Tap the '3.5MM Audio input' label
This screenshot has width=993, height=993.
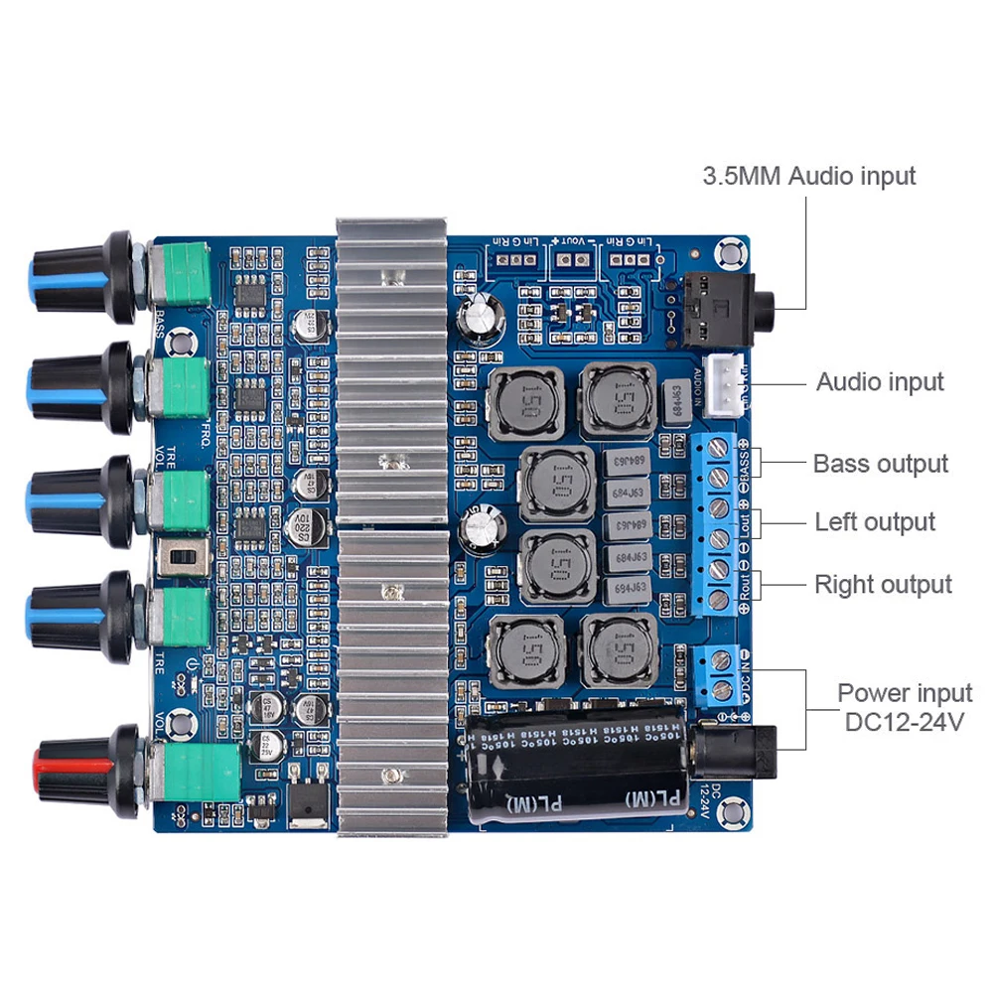(808, 177)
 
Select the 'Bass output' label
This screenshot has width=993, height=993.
(880, 464)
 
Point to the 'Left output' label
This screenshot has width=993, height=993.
(875, 522)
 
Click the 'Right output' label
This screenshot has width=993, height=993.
(883, 585)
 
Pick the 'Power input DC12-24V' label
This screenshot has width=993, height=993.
(904, 707)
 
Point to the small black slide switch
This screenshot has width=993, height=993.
(182, 559)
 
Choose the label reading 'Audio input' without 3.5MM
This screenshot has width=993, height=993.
(880, 382)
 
